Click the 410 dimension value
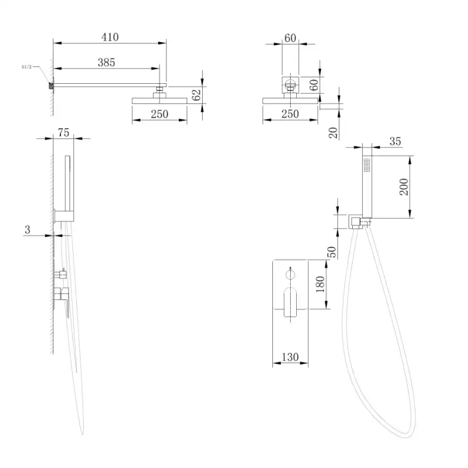tap(110, 37)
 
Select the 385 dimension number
tap(106, 62)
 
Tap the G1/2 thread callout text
tap(26, 67)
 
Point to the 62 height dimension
tap(196, 95)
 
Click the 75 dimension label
tap(64, 132)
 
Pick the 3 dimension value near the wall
tap(28, 230)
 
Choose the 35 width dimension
tap(395, 141)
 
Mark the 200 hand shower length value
tap(404, 187)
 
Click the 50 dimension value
tap(332, 252)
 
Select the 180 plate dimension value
tap(320, 284)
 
